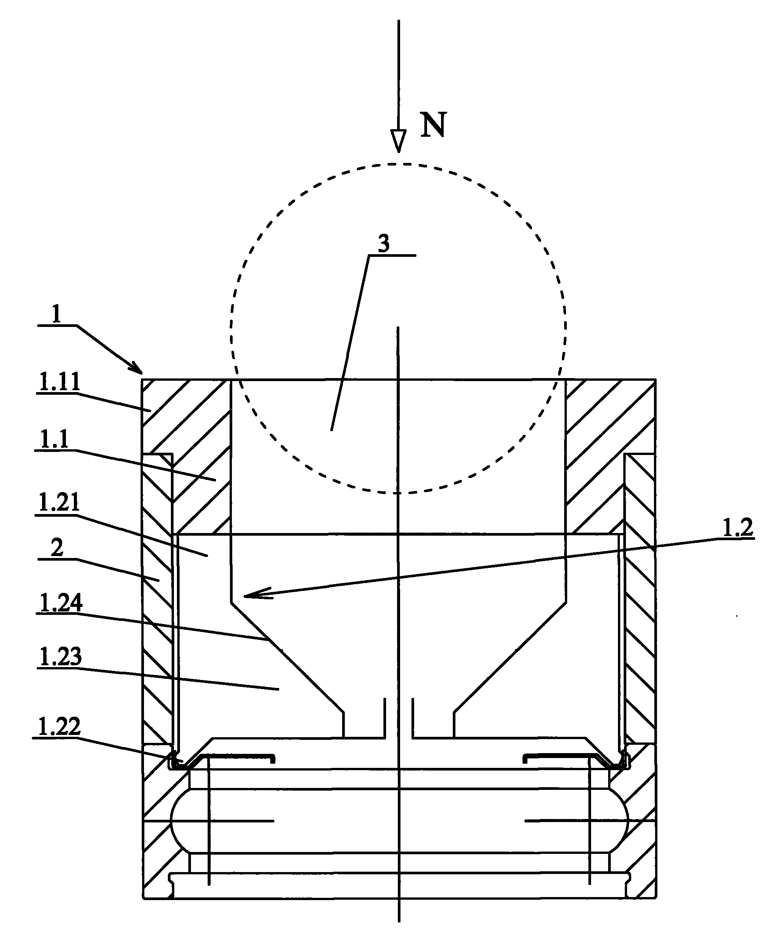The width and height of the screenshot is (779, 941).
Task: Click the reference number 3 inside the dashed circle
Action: pyautogui.click(x=384, y=245)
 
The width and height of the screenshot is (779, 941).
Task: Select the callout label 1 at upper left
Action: pyautogui.click(x=56, y=314)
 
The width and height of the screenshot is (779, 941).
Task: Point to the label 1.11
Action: pyautogui.click(x=59, y=382)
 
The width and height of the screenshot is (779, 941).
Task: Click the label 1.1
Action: pyautogui.click(x=54, y=439)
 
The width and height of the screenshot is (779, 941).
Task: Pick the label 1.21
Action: pyautogui.click(x=59, y=502)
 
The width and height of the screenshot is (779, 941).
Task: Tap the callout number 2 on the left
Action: pyautogui.click(x=57, y=548)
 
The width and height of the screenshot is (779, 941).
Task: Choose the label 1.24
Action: pyautogui.click(x=61, y=603)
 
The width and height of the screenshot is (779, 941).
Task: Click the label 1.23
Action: pyautogui.click(x=61, y=657)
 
